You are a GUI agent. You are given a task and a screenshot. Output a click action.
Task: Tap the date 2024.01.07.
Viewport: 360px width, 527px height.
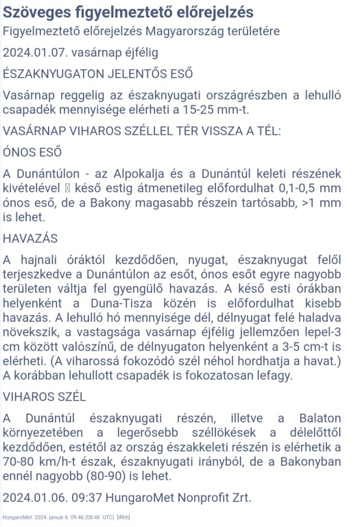34,53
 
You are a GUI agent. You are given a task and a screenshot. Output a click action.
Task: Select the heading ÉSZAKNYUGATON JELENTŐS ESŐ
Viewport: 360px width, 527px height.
98,73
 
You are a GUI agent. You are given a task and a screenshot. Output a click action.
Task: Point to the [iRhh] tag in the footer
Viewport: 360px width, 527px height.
124,516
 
